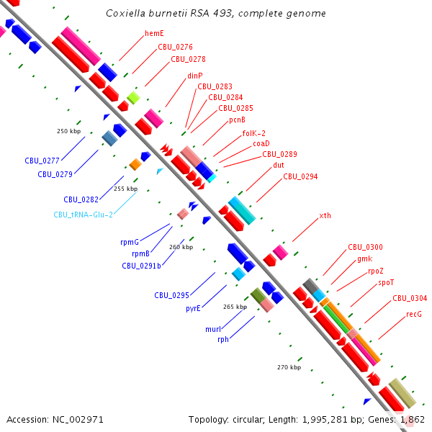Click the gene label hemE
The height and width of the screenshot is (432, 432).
coord(154,33)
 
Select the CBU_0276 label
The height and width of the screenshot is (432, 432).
coord(175,47)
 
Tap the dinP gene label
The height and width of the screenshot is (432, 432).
coord(194,75)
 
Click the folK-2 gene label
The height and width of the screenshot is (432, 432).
coord(253,133)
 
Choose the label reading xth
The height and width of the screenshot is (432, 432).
coord(325,216)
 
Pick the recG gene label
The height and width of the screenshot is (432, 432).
coord(413,314)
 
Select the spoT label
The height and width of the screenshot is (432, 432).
coord(386,283)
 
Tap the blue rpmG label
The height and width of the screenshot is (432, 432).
coord(130,243)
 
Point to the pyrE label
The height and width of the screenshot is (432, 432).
coord(193,308)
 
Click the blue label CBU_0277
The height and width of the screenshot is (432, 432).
coord(40,161)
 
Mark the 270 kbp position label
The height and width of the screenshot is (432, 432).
coord(288,367)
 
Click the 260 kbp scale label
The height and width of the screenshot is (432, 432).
coord(181,247)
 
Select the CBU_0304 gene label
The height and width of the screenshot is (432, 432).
coord(409,298)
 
